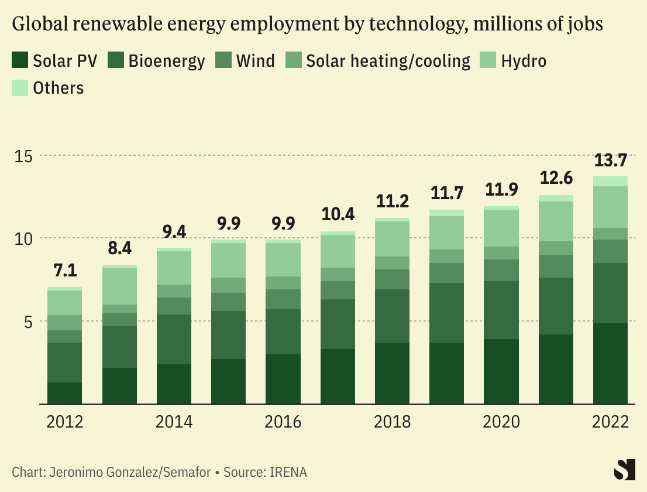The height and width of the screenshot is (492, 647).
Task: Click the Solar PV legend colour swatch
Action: (20, 60)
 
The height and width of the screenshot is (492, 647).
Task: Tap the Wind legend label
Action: (256, 61)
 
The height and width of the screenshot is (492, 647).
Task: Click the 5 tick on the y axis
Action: (28, 322)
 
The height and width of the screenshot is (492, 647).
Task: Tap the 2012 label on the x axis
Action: (65, 422)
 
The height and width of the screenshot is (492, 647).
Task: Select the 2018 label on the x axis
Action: (393, 422)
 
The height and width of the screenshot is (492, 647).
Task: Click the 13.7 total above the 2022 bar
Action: (611, 160)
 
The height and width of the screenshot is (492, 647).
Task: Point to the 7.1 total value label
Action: (64, 271)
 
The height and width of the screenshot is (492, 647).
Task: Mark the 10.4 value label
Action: (338, 214)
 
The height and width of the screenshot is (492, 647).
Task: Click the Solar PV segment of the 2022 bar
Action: (611, 363)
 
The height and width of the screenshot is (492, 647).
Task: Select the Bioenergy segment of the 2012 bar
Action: (64, 363)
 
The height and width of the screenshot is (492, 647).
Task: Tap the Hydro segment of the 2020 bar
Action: (501, 228)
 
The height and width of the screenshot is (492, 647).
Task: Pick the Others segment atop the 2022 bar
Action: (611, 181)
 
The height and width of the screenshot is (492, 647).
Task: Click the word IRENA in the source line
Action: (287, 472)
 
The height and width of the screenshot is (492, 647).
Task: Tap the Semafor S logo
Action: (624, 470)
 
